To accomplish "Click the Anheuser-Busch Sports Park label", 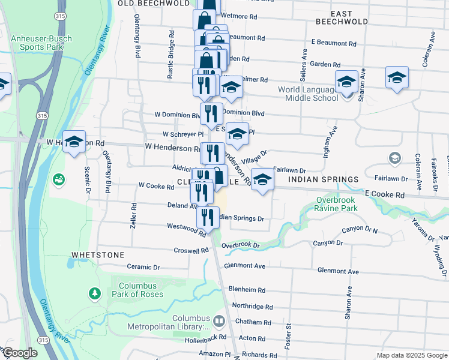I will (x=41, y=42).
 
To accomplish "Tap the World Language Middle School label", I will (x=308, y=94).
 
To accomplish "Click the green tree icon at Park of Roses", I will (x=94, y=293).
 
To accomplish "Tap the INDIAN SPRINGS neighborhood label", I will (x=323, y=179).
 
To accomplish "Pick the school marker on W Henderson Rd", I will (x=74, y=142).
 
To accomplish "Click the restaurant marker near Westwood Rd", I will (x=208, y=217).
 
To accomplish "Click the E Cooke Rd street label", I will (x=384, y=195).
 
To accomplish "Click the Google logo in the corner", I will (x=20, y=353).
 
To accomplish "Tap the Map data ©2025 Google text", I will (x=411, y=355).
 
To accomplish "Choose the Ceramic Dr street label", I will (x=143, y=267).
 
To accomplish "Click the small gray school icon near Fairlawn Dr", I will (x=395, y=158).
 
